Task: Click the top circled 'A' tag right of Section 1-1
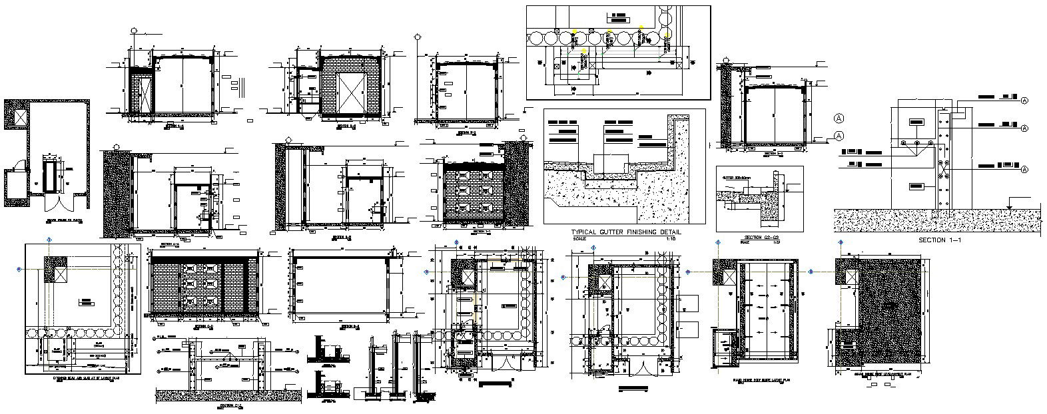pos(1024,101)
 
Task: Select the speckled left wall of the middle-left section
pos(115,193)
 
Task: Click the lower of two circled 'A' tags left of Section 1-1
pos(839,136)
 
